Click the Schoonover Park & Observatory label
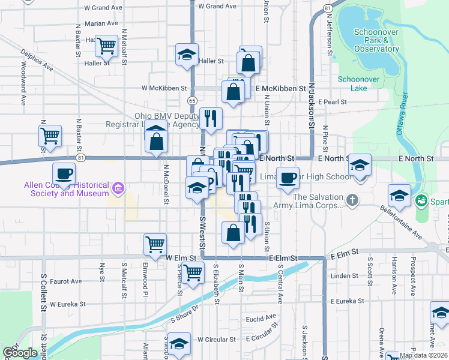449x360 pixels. [376, 40]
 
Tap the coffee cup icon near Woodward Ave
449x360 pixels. [64, 174]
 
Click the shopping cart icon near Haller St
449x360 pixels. [106, 45]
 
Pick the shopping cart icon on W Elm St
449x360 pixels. [155, 244]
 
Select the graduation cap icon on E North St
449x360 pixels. [360, 165]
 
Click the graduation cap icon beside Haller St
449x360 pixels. [187, 55]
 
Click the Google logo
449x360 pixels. [20, 353]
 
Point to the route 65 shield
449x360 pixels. [191, 100]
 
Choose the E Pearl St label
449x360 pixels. [335, 102]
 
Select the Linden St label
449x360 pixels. [344, 276]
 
